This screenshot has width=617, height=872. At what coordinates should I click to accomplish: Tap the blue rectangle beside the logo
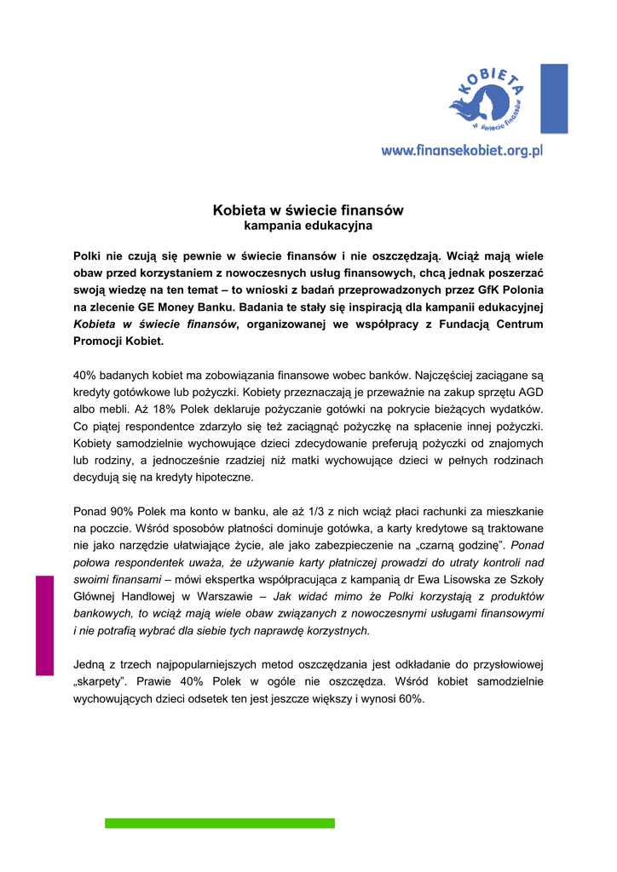[554, 98]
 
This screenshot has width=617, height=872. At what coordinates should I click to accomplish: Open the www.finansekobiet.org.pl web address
[462, 151]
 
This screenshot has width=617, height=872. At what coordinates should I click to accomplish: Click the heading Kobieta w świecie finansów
[308, 209]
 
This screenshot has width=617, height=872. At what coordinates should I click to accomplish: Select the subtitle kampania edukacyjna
[308, 227]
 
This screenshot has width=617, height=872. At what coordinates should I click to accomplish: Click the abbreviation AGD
[529, 393]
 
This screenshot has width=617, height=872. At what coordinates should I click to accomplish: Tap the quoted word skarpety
[101, 681]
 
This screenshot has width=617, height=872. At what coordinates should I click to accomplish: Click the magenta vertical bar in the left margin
[44, 626]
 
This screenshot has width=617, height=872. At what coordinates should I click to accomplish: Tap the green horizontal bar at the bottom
[220, 823]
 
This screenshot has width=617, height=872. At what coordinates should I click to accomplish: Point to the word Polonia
[521, 290]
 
